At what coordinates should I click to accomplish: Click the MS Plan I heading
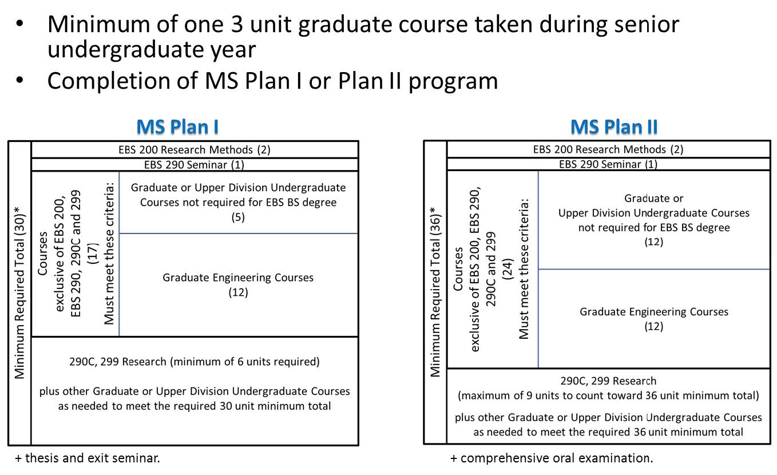pyautogui.click(x=177, y=126)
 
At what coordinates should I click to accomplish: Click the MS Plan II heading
pyautogui.click(x=614, y=126)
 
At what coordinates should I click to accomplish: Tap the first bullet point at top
pyautogui.click(x=20, y=23)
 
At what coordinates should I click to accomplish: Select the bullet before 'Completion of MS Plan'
pyautogui.click(x=20, y=80)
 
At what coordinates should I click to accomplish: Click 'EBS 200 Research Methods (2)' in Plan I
pyautogui.click(x=195, y=149)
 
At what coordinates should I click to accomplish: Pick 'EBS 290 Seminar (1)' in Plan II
pyautogui.click(x=608, y=164)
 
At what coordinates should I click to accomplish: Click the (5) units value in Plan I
pyautogui.click(x=238, y=217)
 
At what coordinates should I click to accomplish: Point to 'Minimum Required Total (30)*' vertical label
pyautogui.click(x=20, y=292)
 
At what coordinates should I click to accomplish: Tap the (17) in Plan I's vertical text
pyautogui.click(x=93, y=254)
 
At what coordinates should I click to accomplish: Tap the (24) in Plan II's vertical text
pyautogui.click(x=508, y=269)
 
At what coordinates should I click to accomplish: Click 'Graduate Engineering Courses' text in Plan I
pyautogui.click(x=238, y=278)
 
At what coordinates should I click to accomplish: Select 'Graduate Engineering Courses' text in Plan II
pyautogui.click(x=654, y=311)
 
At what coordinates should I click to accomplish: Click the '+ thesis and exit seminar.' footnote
pyautogui.click(x=88, y=458)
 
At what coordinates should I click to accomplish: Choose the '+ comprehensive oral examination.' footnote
pyautogui.click(x=552, y=458)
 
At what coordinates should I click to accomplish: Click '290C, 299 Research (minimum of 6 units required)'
pyautogui.click(x=195, y=362)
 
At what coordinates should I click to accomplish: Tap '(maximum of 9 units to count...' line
pyautogui.click(x=608, y=395)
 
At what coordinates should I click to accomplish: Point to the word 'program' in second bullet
pyautogui.click(x=453, y=82)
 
